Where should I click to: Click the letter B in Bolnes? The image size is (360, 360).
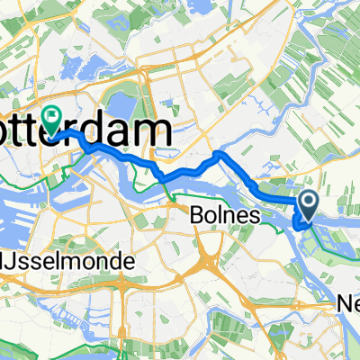point(197,216)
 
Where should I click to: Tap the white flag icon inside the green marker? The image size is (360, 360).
point(51,114)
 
